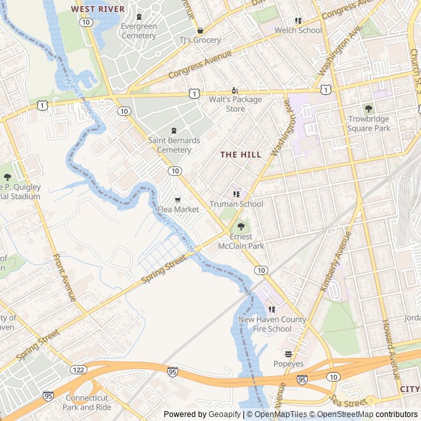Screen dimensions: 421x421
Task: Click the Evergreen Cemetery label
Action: [139, 31]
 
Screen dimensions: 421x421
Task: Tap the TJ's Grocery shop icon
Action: [200, 30]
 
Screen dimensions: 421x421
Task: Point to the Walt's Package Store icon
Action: [235, 90]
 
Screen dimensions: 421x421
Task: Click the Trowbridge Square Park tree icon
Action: [368, 109]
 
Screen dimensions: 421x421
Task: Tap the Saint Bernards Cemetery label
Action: [174, 145]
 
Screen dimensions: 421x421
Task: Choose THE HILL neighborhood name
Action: [241, 155]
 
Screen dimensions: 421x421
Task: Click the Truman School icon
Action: [236, 194]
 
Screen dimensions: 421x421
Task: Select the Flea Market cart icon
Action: [178, 199]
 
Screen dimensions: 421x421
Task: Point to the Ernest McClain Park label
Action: [247, 241]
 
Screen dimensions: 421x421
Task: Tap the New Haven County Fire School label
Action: [272, 324]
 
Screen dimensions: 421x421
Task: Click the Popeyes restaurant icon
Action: [288, 354]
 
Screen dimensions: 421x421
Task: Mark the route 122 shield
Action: [79, 370]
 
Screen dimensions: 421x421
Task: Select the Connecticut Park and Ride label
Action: [86, 403]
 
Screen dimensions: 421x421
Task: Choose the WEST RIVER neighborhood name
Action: [97, 9]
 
